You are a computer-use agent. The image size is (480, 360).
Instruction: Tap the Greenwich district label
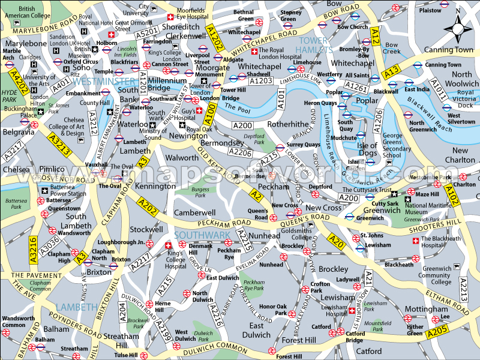click(382, 211)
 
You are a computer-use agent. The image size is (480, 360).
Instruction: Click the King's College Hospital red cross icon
click(168, 246)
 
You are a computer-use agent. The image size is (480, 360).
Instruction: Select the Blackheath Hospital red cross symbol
click(415, 241)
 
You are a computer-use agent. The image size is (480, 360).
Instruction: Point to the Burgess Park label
click(200, 193)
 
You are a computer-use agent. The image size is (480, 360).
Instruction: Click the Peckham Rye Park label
click(254, 285)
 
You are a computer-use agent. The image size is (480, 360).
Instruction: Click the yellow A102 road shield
click(452, 194)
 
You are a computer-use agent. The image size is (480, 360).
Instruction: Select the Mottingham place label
click(426, 309)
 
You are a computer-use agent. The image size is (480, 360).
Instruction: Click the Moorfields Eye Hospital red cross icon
click(170, 17)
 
